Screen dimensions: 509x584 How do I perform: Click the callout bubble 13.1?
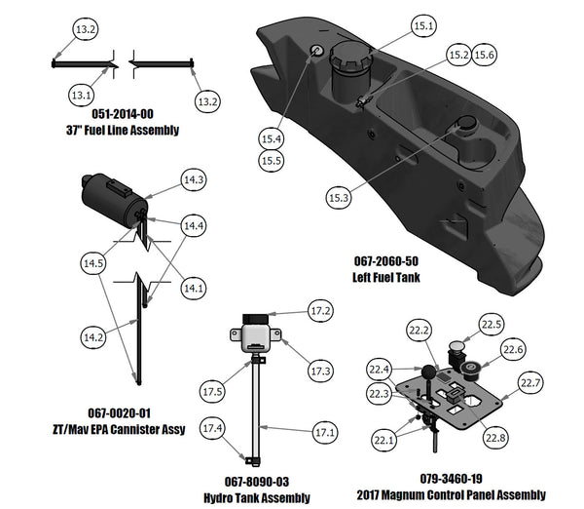(82, 94)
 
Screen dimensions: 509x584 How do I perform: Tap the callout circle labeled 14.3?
(194, 179)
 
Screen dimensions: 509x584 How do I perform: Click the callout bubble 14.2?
(92, 336)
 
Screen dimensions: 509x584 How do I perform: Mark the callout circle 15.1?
(422, 27)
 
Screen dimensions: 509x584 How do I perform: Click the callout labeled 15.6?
(485, 55)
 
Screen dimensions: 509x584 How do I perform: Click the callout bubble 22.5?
(492, 325)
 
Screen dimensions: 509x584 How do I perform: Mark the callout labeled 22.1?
(383, 441)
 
